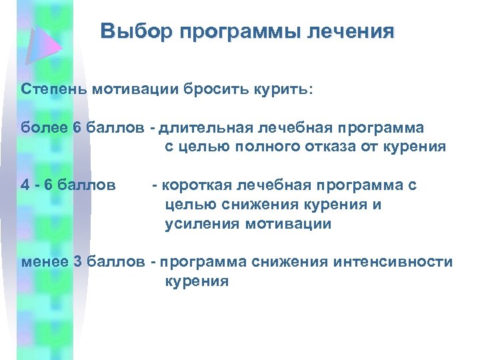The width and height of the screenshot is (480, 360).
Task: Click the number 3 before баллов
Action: tap(76, 262)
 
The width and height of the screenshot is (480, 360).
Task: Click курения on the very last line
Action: tap(197, 281)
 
